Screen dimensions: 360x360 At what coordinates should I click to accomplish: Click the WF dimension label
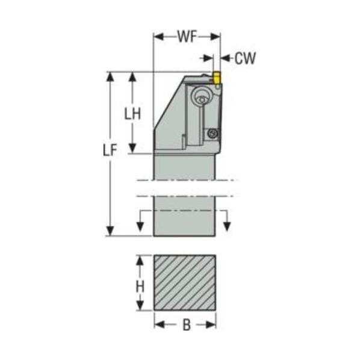(x=187, y=37)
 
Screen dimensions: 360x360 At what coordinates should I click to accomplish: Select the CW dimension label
(x=245, y=58)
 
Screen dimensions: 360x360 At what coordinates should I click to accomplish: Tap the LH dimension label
(x=132, y=114)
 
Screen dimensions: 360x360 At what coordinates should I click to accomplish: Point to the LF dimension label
(x=110, y=150)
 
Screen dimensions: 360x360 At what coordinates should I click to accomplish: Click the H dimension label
(x=140, y=287)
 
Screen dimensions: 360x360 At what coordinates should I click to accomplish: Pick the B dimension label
(x=187, y=325)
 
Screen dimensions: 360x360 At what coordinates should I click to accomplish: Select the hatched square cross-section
(x=185, y=282)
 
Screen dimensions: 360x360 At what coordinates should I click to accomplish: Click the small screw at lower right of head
(x=213, y=133)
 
